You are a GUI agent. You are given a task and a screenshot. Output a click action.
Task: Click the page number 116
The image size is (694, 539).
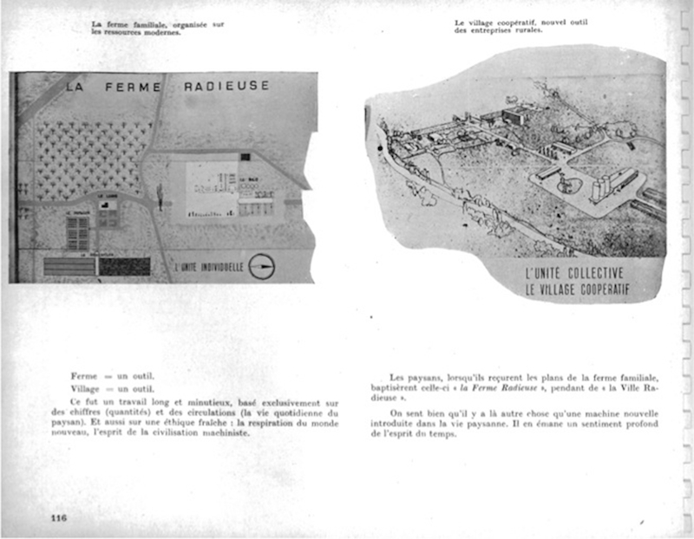point(58,518)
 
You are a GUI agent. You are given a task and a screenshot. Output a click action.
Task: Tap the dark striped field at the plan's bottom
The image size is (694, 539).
point(125,266)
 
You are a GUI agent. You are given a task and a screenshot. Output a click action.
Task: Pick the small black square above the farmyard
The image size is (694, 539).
point(246,157)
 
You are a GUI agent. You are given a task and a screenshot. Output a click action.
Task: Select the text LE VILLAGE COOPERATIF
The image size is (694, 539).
point(577,290)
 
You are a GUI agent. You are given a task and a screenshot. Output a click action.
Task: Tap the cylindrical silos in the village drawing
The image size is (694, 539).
point(606,185)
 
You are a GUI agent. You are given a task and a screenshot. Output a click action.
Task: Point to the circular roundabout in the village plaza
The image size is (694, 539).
point(570,185)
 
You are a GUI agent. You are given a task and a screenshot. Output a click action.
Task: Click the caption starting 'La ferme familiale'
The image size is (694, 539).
point(157,28)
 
